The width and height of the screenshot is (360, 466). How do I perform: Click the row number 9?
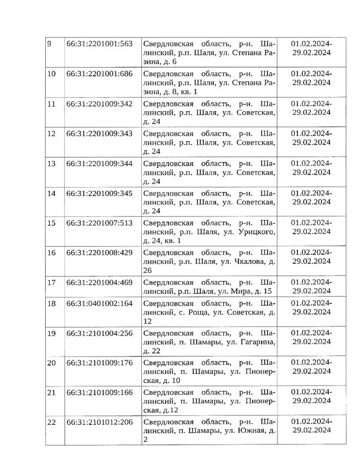click(x=49, y=43)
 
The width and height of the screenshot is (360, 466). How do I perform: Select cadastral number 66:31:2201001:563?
click(x=99, y=43)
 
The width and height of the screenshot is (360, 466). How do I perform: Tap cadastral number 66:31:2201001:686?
click(x=99, y=73)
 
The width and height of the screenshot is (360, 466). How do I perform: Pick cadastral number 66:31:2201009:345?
click(x=99, y=193)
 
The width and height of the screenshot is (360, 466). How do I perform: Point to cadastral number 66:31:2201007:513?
click(x=99, y=223)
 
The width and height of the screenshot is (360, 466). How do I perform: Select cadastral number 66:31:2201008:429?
click(x=99, y=252)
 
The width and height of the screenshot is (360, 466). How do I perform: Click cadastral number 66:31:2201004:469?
click(x=99, y=282)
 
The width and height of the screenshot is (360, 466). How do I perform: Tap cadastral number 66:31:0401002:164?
click(x=99, y=303)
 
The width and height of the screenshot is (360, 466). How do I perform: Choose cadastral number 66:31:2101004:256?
click(x=99, y=333)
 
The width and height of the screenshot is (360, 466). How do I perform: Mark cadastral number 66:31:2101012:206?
click(x=99, y=422)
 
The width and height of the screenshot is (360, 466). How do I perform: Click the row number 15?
click(x=51, y=223)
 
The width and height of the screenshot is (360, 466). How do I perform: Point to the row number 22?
click(x=51, y=422)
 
